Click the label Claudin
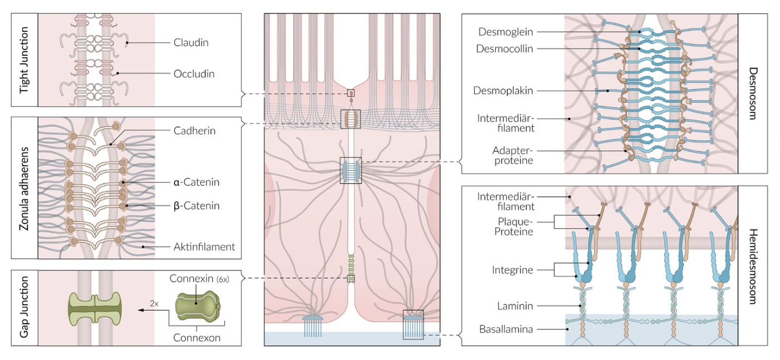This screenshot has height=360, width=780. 191,42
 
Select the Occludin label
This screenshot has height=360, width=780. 194,73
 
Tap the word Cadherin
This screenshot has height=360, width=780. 194,131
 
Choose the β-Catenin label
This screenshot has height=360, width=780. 196,206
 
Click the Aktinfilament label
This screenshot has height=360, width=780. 204,246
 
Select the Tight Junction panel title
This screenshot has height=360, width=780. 24,60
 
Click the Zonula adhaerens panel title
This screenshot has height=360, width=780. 24,188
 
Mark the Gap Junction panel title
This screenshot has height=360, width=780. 24,308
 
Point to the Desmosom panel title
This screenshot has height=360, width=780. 753,93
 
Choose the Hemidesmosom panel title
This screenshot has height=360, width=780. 753,266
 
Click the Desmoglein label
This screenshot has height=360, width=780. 505,32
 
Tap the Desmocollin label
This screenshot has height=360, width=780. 505,49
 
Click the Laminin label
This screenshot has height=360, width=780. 514,305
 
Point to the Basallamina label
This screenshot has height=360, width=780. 506,329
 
